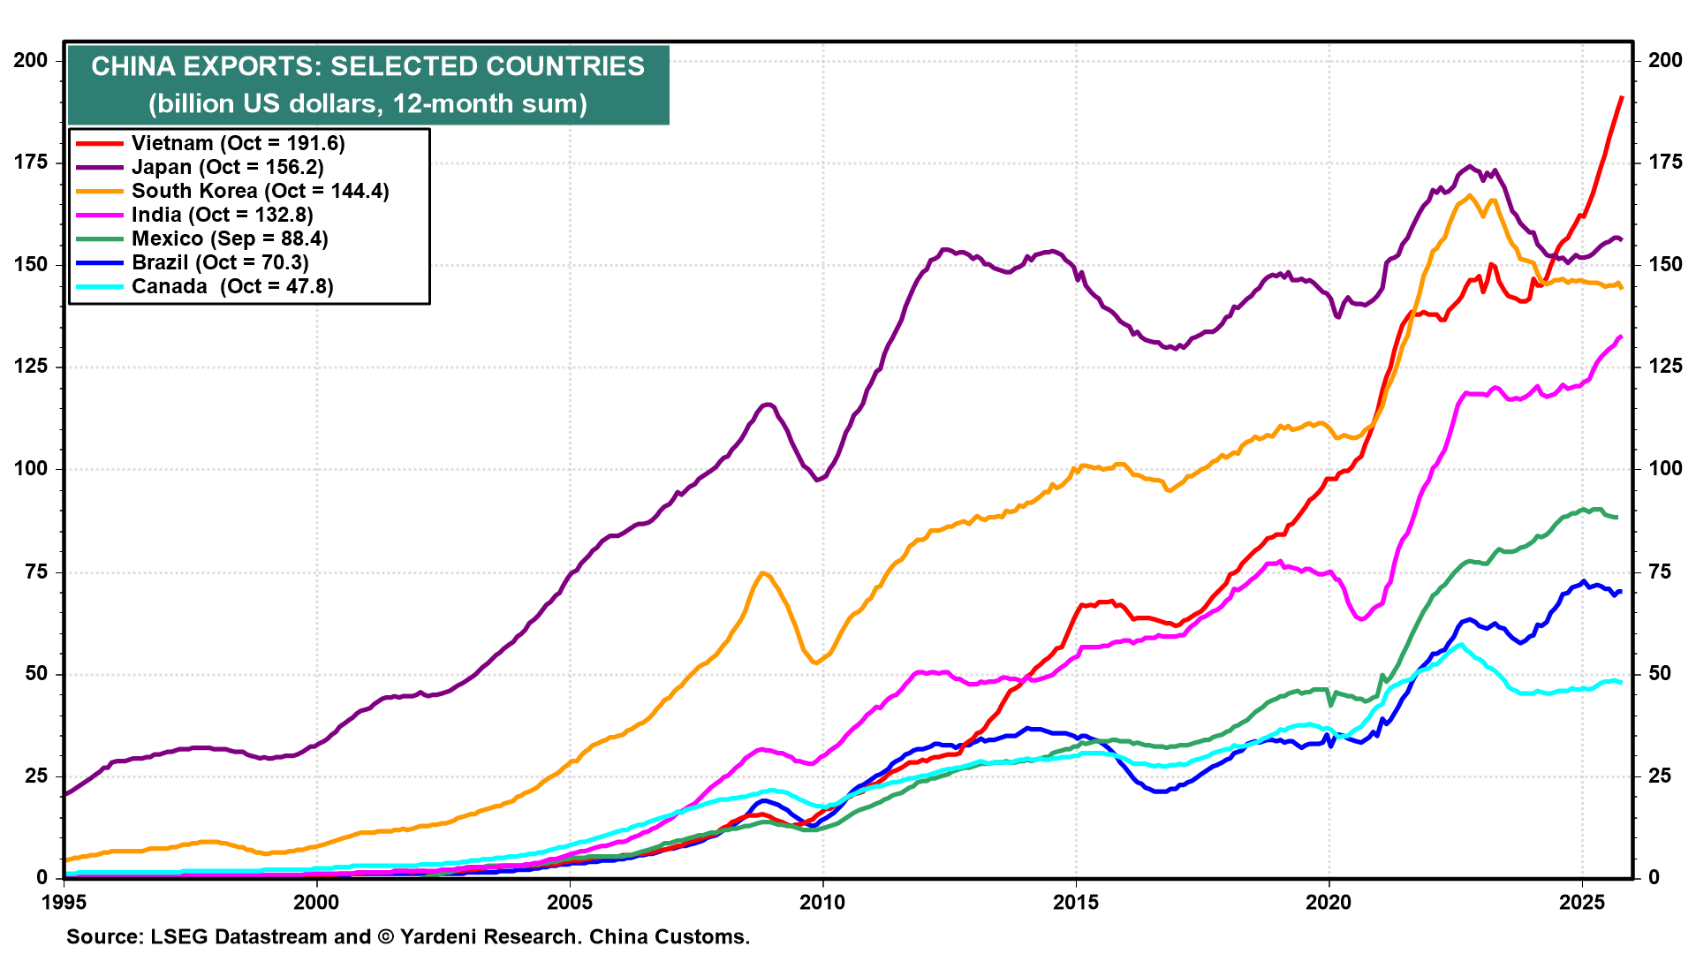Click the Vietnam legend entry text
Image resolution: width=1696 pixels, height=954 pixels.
pos(238,143)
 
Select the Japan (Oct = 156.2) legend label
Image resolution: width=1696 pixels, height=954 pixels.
pos(227,167)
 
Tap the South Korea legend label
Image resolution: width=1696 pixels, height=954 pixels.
pos(260,191)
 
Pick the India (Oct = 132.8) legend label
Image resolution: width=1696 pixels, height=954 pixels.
pos(222,215)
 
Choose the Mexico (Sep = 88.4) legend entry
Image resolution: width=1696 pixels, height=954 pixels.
pos(230,238)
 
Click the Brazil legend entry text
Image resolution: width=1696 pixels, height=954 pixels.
pos(220,262)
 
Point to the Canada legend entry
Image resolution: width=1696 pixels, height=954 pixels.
pos(232,286)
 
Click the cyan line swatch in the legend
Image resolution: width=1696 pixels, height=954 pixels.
pos(100,286)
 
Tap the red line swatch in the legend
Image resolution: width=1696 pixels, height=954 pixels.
pos(100,143)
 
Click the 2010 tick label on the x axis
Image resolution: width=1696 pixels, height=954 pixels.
pos(822,902)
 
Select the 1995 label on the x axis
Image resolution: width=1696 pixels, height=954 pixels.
pos(64,902)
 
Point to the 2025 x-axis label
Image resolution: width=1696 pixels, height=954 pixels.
pos(1581,902)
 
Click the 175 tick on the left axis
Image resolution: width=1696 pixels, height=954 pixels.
pos(31,163)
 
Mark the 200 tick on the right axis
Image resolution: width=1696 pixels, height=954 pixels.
pos(1665,60)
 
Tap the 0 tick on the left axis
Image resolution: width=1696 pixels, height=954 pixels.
pos(42,877)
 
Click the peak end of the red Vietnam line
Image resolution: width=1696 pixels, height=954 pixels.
pos(1621,97)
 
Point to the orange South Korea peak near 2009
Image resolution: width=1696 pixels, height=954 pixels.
pos(763,573)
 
